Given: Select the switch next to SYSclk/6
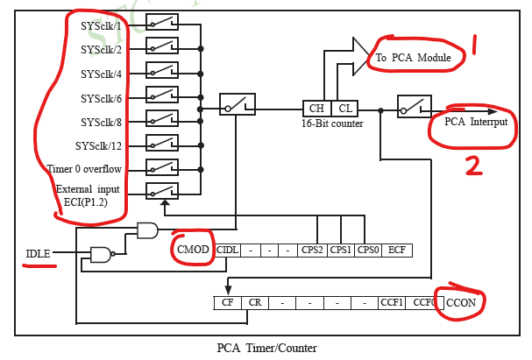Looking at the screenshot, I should click(x=162, y=95).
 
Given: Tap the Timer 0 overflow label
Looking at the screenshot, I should click(x=85, y=168).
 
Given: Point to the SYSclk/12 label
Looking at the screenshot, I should click(x=98, y=145).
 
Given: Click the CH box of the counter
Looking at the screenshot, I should click(x=316, y=109).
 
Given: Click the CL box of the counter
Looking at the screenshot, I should click(x=344, y=109).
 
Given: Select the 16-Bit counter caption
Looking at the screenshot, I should click(x=331, y=124).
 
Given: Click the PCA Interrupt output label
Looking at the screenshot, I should click(x=475, y=121).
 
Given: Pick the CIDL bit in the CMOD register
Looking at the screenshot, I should click(x=227, y=250).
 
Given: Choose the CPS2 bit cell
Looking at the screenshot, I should click(x=312, y=250).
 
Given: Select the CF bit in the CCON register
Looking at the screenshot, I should click(x=227, y=302).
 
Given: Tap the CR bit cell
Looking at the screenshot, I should click(x=254, y=302).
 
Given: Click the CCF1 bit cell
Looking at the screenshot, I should click(x=393, y=302).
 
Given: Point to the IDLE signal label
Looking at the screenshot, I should click(x=38, y=254).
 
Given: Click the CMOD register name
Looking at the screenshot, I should click(x=193, y=250).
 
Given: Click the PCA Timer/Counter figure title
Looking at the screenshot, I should click(x=266, y=348).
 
